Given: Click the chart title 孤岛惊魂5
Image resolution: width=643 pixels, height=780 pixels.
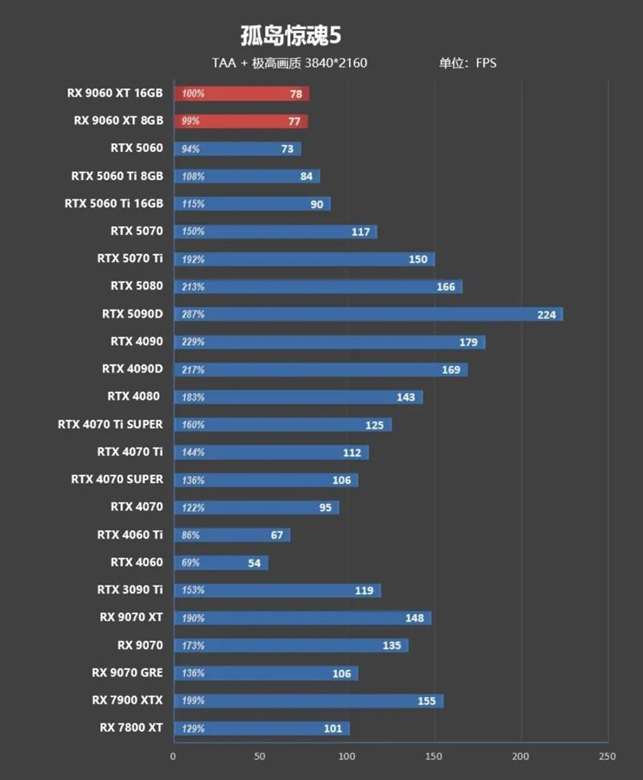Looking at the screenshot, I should [x=291, y=36].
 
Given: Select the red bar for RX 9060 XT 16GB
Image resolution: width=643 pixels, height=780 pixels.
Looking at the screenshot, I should [x=241, y=93].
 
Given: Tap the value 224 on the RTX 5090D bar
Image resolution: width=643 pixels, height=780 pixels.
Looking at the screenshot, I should [x=547, y=314].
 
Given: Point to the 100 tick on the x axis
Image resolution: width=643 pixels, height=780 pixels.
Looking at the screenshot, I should [x=346, y=756].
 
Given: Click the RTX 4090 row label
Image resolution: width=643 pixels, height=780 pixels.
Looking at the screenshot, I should [x=137, y=341].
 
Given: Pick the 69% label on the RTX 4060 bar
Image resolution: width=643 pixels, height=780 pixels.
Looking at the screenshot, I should [x=193, y=563].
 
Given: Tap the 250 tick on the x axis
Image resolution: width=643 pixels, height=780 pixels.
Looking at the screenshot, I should [x=608, y=756].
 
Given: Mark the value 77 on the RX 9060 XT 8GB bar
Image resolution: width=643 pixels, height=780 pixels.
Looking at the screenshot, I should [x=294, y=121].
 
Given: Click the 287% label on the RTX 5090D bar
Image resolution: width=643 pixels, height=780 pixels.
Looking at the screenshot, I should [x=194, y=314].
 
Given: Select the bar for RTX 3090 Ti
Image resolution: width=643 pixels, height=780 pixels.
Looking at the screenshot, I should [x=276, y=590].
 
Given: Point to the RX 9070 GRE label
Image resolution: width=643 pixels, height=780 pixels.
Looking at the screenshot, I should [x=127, y=672].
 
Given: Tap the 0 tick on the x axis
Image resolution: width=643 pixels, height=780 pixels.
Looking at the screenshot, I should [x=173, y=756].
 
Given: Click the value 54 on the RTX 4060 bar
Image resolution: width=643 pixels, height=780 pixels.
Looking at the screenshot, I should [x=254, y=563].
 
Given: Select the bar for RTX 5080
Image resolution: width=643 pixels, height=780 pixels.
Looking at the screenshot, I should [x=317, y=286].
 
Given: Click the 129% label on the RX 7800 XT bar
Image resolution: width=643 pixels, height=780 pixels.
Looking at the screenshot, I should [x=194, y=729].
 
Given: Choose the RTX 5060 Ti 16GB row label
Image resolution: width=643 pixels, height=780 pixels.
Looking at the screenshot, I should [x=113, y=203].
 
